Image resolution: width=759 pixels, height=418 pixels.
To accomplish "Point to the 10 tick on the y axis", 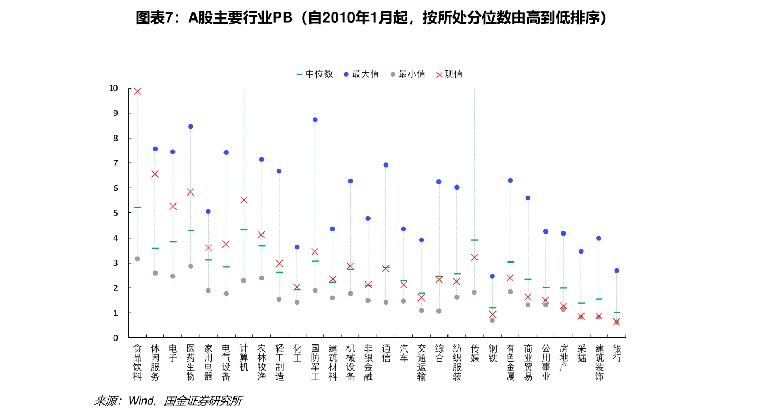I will click(x=113, y=88).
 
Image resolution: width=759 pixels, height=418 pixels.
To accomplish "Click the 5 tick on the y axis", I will click(x=115, y=213).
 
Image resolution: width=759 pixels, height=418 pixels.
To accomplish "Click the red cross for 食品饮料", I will click(x=138, y=91).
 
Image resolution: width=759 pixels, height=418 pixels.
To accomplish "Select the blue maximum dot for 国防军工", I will click(x=315, y=120).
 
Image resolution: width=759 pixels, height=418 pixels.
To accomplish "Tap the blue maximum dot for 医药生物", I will click(x=191, y=127).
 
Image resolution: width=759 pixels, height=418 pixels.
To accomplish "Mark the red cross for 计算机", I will click(x=244, y=200).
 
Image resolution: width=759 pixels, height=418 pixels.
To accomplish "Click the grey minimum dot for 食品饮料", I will click(x=138, y=259).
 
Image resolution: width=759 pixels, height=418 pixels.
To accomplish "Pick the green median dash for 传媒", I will click(x=474, y=240).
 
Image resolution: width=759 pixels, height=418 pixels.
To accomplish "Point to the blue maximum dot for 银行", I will click(x=617, y=270).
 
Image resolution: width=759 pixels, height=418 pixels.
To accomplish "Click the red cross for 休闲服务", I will click(x=155, y=174).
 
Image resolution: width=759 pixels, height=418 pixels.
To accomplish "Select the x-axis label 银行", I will click(x=617, y=353).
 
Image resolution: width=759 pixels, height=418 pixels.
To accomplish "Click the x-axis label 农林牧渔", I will click(x=261, y=362).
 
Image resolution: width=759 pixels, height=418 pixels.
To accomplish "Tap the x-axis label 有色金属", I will click(x=510, y=362).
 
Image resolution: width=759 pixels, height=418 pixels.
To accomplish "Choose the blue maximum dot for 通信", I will click(x=386, y=165).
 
